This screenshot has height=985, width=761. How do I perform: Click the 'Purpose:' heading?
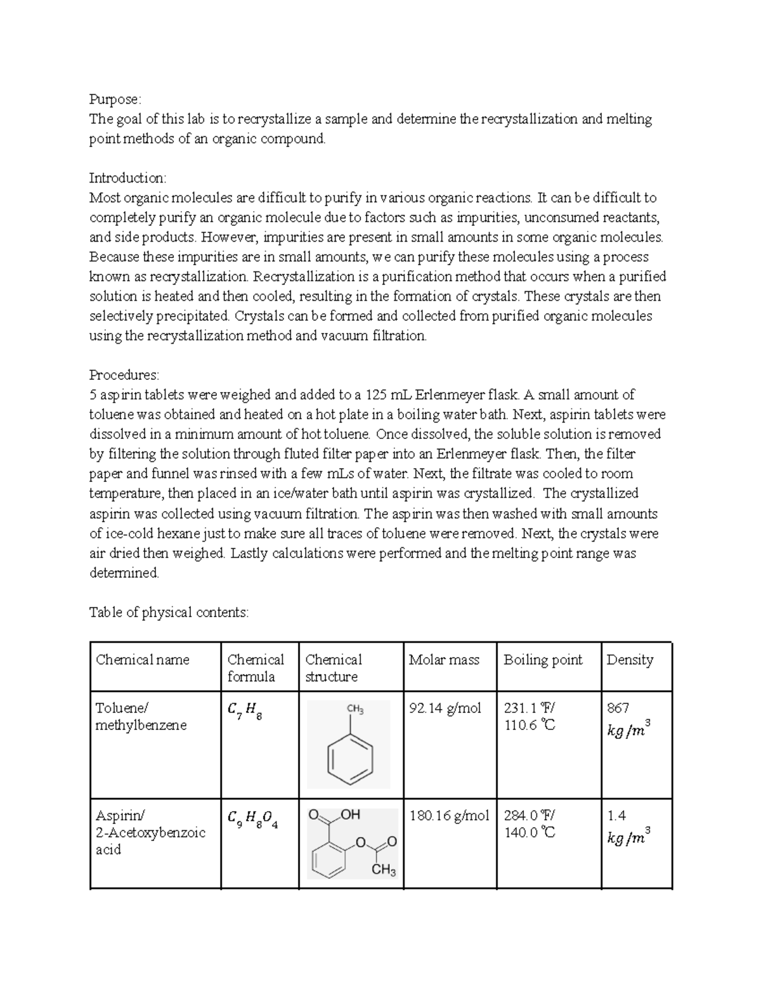tap(115, 100)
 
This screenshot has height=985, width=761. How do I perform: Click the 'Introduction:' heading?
tap(127, 178)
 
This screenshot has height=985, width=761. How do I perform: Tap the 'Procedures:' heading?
tap(124, 375)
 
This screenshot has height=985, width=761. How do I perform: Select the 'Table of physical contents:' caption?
tap(169, 612)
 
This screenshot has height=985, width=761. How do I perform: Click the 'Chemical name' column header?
tap(143, 660)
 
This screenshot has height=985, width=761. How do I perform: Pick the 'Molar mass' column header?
tap(444, 660)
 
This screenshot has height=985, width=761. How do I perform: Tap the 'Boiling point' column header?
tap(543, 660)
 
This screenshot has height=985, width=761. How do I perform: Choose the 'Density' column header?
tap(630, 660)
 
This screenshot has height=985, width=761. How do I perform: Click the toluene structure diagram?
tap(348, 744)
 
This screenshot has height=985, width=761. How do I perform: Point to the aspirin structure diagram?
tap(353, 843)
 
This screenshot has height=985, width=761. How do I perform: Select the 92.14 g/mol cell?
tap(445, 708)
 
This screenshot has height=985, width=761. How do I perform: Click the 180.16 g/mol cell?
tap(449, 816)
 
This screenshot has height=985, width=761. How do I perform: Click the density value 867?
tap(618, 708)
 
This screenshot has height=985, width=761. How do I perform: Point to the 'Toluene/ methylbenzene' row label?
tap(141, 717)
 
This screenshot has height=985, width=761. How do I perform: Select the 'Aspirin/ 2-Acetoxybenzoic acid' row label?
tap(150, 832)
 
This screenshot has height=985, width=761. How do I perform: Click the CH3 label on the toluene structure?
tap(354, 710)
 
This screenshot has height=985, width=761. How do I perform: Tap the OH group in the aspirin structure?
tap(350, 814)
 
